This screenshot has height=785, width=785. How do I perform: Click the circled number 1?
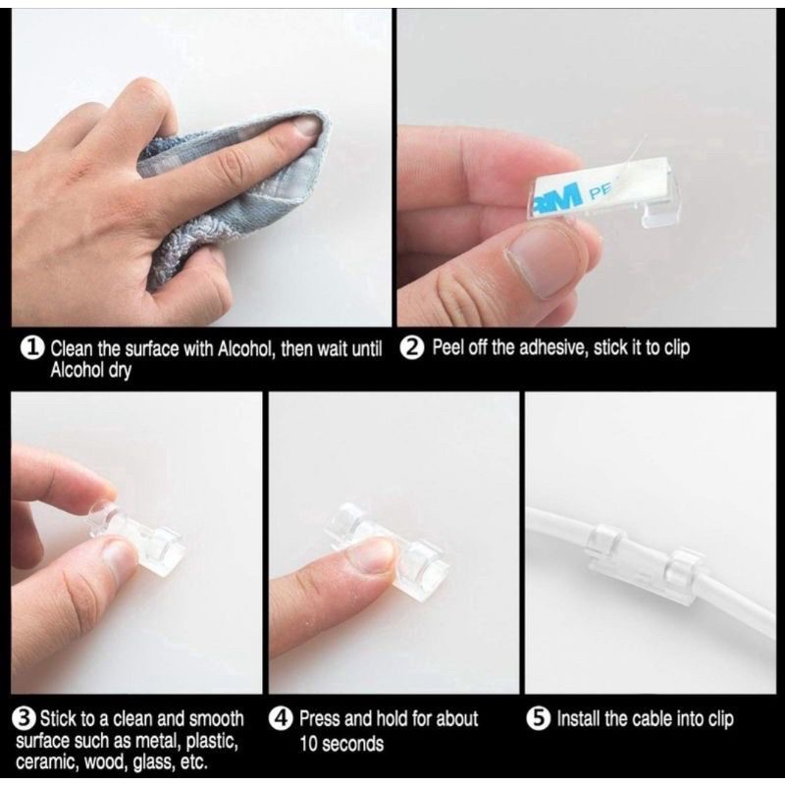pyautogui.click(x=31, y=348)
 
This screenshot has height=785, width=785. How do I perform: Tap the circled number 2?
pyautogui.click(x=413, y=348)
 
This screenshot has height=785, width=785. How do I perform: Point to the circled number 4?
pyautogui.click(x=281, y=719)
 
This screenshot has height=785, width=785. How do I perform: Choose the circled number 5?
pyautogui.click(x=538, y=719)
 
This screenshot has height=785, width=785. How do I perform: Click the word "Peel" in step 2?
pyautogui.click(x=448, y=347)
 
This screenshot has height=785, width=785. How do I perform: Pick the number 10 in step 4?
pyautogui.click(x=309, y=744)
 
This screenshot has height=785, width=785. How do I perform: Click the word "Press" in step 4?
pyautogui.click(x=320, y=719)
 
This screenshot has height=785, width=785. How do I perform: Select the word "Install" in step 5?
pyautogui.click(x=578, y=719)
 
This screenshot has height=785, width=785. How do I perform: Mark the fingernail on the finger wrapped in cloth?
pyautogui.click(x=305, y=127)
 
